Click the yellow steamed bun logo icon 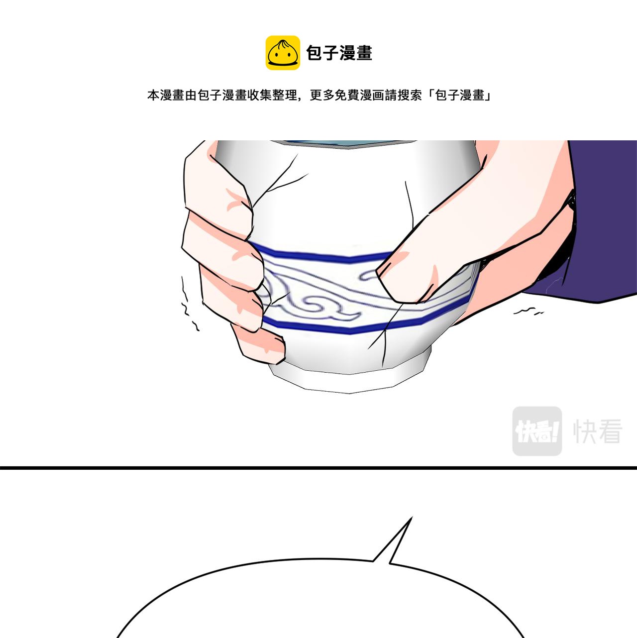click(283, 53)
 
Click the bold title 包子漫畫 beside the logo click(339, 53)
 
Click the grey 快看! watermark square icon click(537, 431)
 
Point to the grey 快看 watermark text click(598, 431)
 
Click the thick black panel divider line click(318, 468)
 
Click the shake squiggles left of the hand click(189, 303)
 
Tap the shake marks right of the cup click(529, 311)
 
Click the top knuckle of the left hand click(232, 196)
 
